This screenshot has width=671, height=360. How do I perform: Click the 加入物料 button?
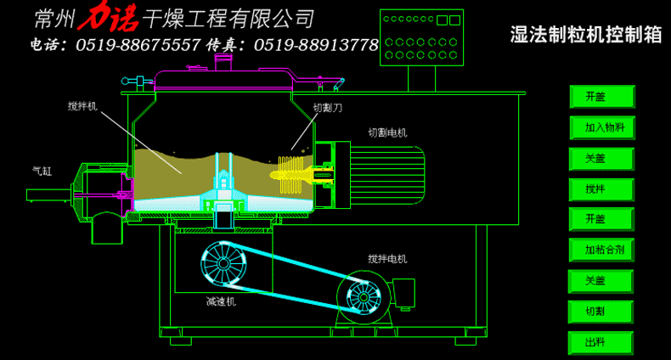click(x=602, y=127)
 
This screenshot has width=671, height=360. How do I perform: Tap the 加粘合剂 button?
click(x=601, y=250)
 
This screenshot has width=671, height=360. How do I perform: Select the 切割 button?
click(x=601, y=312)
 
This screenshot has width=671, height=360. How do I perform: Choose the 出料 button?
click(x=601, y=342)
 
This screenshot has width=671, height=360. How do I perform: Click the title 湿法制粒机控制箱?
click(x=586, y=35)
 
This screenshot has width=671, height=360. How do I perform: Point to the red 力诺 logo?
click(x=108, y=19)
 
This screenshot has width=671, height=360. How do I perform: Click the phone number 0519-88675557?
click(x=138, y=45)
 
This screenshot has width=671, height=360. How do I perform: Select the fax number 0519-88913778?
click(x=316, y=45)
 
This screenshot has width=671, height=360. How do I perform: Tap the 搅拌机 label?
click(x=82, y=105)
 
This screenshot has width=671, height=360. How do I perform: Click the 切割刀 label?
click(x=328, y=108)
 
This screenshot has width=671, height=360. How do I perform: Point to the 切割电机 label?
click(x=387, y=132)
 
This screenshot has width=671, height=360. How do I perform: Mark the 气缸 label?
click(x=42, y=171)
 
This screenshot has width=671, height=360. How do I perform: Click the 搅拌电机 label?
click(x=387, y=259)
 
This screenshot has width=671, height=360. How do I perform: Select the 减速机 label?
click(x=221, y=302)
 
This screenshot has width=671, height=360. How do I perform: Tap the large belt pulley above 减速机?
click(x=224, y=264)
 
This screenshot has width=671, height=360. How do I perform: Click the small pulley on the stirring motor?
click(x=364, y=296)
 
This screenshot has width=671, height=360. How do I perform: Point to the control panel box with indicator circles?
click(x=421, y=37)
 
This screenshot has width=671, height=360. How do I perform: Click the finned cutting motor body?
click(x=387, y=175)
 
